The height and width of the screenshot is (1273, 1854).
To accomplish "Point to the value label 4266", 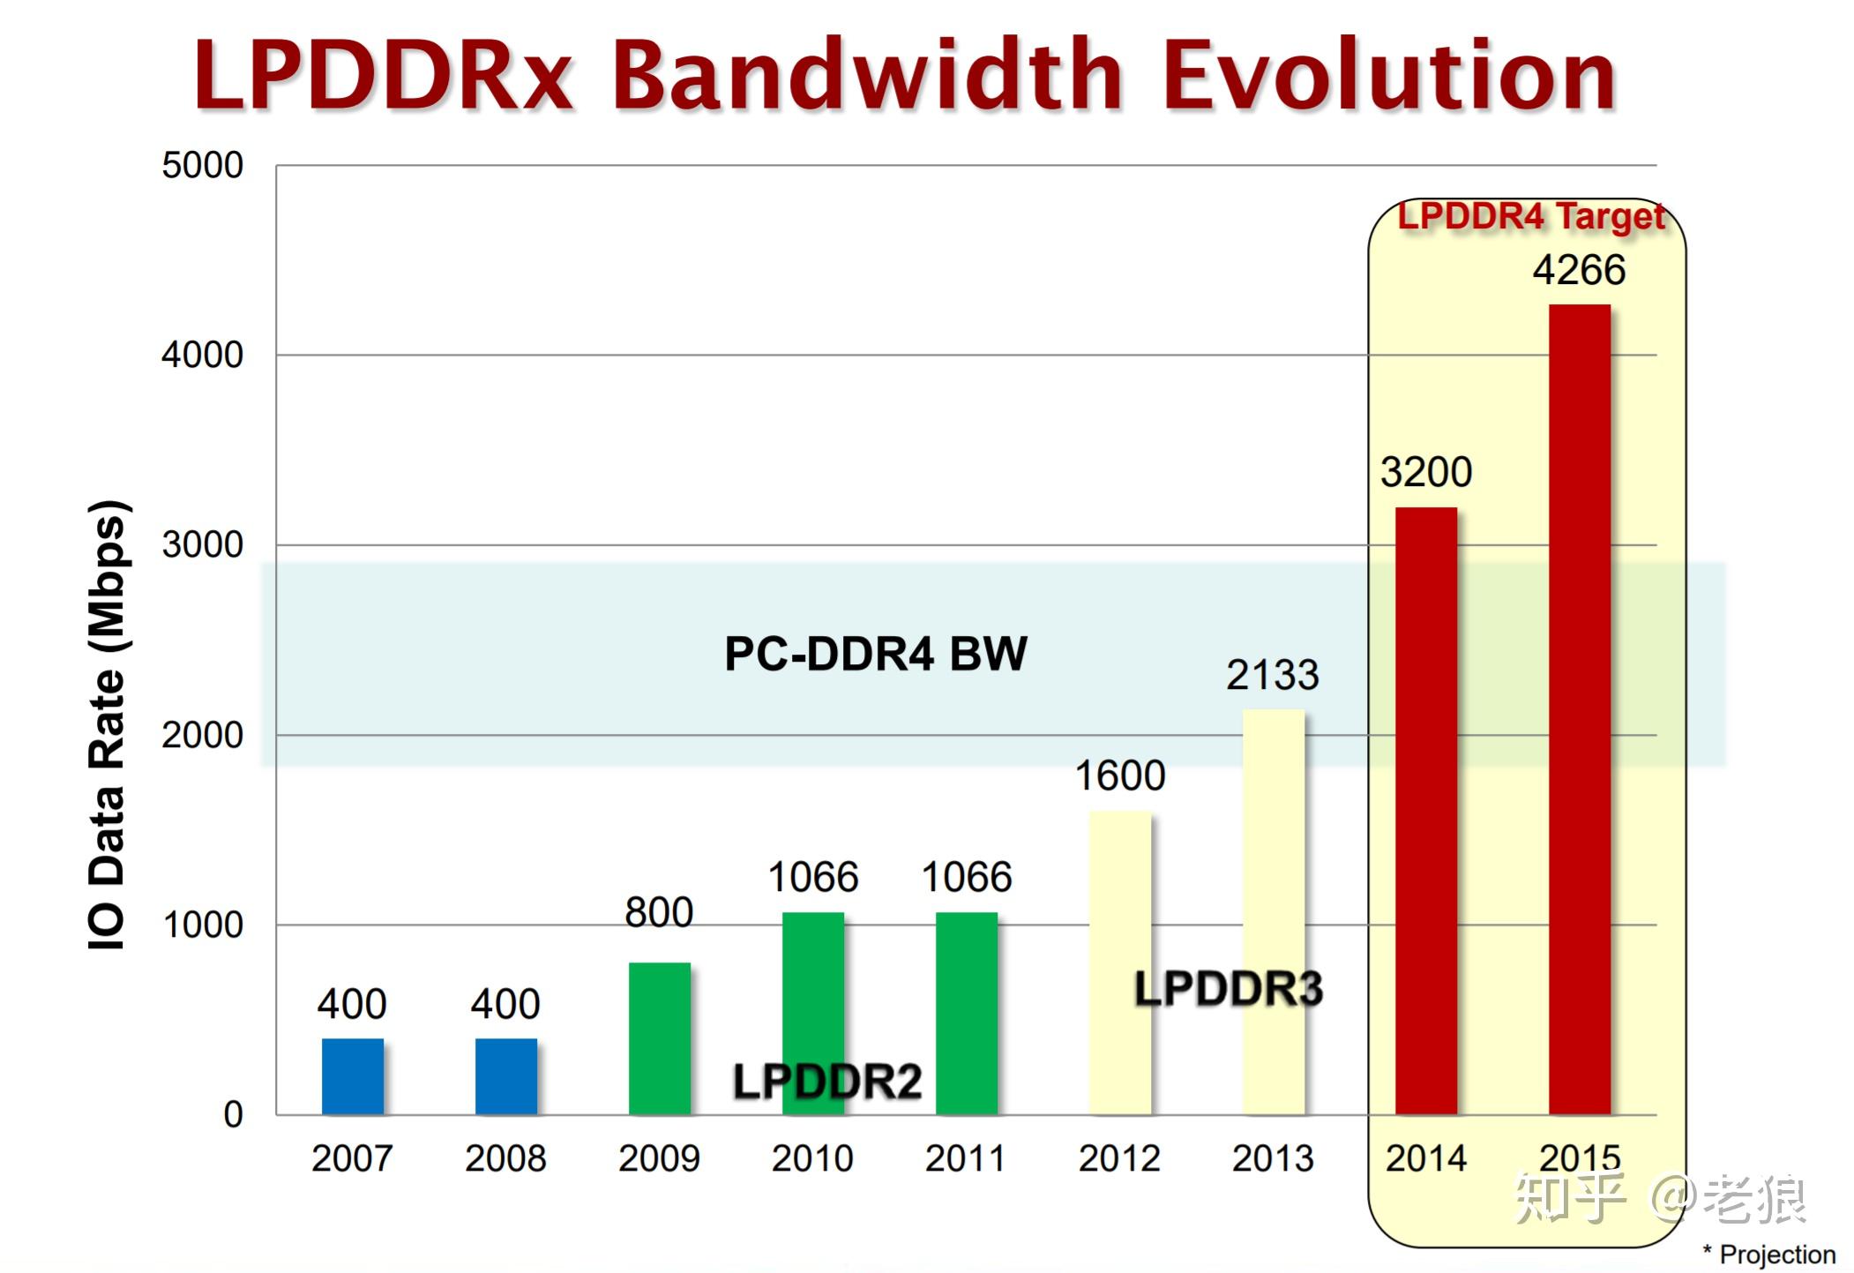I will click(x=1578, y=270).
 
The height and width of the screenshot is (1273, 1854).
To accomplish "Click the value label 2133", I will click(x=1272, y=676).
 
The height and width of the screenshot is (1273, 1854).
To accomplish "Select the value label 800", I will click(x=659, y=912).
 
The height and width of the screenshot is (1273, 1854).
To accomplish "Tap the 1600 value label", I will click(x=1119, y=776).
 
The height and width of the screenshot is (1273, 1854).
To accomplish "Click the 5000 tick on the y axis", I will click(x=202, y=166).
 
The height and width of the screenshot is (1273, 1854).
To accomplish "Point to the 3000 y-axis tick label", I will click(x=202, y=545).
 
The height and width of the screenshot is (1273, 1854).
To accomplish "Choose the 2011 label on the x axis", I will click(x=965, y=1158).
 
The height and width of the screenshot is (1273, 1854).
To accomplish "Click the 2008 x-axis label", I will click(x=505, y=1158).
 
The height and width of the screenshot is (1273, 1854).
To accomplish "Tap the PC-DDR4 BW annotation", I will click(x=875, y=655).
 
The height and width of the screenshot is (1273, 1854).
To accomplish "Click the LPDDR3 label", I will click(x=1228, y=989).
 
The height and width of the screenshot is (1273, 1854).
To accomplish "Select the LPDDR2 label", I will click(x=826, y=1082).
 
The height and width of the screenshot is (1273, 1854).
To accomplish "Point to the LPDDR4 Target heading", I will click(x=1530, y=217).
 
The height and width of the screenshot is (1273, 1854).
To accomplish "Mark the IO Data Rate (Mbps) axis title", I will click(x=108, y=723).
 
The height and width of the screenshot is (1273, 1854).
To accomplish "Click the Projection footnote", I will click(x=1769, y=1254).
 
